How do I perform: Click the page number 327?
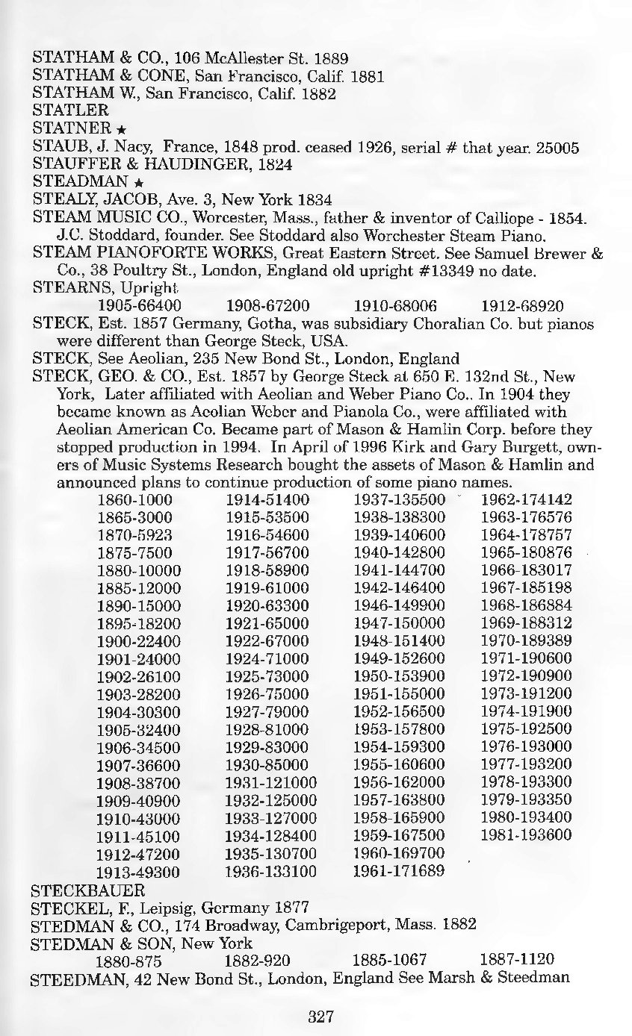320,1016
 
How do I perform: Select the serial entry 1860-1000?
134,499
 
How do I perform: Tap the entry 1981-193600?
526,834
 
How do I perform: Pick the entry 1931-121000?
271,781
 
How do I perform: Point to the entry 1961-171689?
399,870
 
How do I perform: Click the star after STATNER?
120,130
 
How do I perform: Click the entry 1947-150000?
399,622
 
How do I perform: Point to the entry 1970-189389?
526,640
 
